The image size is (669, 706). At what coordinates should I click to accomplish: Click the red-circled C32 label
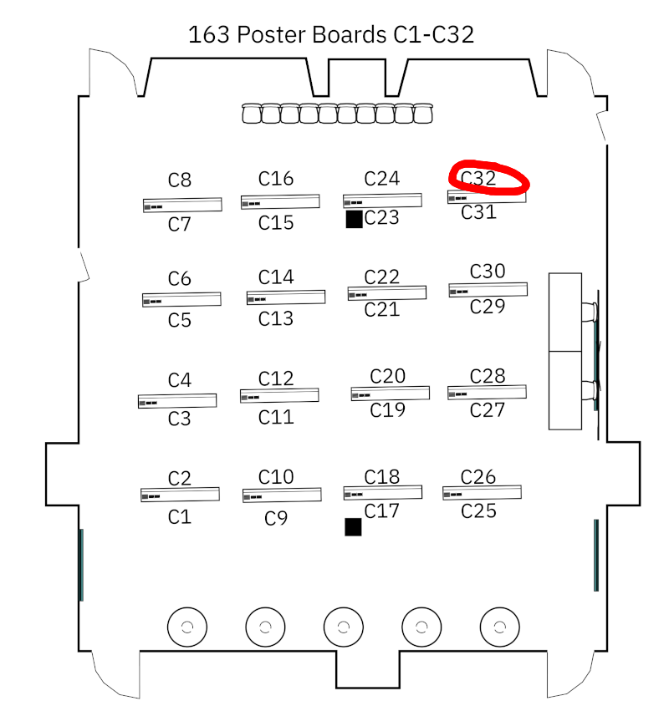click(478, 178)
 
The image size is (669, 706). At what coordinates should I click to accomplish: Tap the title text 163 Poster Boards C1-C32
click(331, 35)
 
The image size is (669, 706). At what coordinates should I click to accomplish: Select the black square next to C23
click(354, 219)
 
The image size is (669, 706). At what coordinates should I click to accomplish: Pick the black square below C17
click(353, 526)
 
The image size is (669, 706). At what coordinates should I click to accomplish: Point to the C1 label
click(180, 517)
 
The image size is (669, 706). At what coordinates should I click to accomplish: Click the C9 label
click(276, 519)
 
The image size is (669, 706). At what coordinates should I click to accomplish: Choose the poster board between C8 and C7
click(182, 205)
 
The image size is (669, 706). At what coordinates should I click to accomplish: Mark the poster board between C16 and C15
click(280, 201)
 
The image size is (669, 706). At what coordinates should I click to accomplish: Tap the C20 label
click(387, 376)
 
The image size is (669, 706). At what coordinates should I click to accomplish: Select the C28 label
click(488, 376)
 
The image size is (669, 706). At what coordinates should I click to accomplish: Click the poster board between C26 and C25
click(482, 493)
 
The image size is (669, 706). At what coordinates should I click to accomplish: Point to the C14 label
click(276, 277)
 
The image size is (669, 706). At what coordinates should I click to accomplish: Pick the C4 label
click(180, 380)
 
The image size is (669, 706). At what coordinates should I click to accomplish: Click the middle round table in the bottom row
click(343, 627)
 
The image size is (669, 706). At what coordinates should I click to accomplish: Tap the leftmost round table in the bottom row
click(187, 627)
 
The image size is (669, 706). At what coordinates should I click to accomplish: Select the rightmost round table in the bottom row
click(500, 627)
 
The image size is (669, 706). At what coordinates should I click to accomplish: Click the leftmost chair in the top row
click(251, 114)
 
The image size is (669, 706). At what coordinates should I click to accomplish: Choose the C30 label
click(488, 271)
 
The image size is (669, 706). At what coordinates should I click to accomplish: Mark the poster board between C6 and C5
click(181, 299)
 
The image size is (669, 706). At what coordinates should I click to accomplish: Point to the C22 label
click(382, 277)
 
